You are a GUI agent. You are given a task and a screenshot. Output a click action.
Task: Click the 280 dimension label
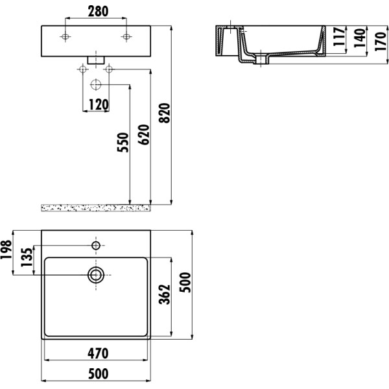coord(97,12)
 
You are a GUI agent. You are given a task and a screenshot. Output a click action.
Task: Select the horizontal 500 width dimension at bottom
coord(97,374)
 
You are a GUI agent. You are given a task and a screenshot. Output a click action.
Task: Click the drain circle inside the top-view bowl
coord(97,275)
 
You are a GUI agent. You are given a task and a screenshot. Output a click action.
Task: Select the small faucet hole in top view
coord(96,246)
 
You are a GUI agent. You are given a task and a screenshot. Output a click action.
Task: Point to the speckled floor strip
coord(97,207)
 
